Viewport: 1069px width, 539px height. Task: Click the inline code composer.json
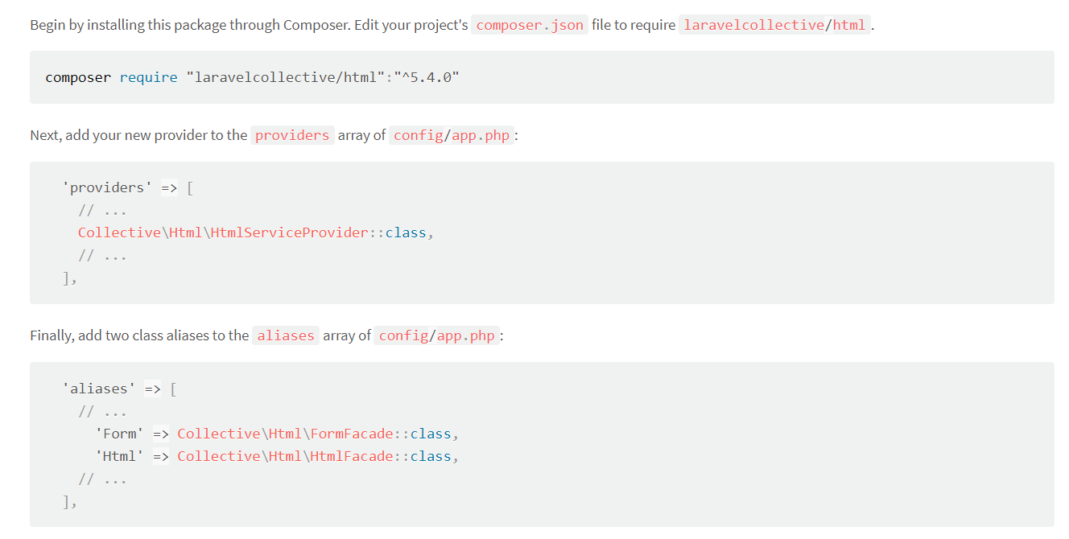[530, 25]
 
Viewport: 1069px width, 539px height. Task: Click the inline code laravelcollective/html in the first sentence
[774, 25]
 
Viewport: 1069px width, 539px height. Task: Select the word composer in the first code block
[78, 77]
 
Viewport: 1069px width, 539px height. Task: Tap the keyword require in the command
[148, 77]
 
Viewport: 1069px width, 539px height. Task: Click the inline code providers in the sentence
[292, 135]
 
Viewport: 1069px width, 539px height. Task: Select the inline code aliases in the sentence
[286, 335]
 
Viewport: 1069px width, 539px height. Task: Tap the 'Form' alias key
[119, 434]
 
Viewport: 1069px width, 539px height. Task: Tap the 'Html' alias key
[119, 456]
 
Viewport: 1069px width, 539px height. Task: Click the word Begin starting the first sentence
[47, 25]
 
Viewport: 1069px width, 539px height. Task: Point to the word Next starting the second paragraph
[44, 135]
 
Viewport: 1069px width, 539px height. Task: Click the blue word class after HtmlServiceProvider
[406, 232]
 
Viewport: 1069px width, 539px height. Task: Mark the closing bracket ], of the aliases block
[69, 502]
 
